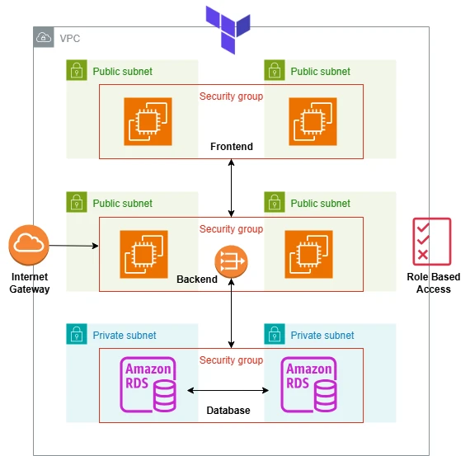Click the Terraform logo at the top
[x=228, y=30]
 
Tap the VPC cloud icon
[x=44, y=37]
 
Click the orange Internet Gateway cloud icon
[x=29, y=245]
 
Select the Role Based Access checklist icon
[x=431, y=242]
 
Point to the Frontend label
[x=232, y=147]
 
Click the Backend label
[x=197, y=280]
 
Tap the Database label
[x=228, y=411]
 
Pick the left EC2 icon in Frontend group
[x=148, y=121]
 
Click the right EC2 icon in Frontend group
[x=313, y=121]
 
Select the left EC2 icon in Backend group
[x=143, y=254]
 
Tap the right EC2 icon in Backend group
[x=308, y=254]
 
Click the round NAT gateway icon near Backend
[x=231, y=261]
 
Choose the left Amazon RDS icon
[x=148, y=384]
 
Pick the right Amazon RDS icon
[x=308, y=384]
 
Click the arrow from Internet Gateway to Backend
[x=73, y=246]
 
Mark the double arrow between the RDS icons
[x=228, y=390]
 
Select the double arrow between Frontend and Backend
[x=231, y=188]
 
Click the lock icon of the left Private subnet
[x=77, y=334]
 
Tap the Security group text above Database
[x=231, y=360]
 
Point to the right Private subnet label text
[x=322, y=335]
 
